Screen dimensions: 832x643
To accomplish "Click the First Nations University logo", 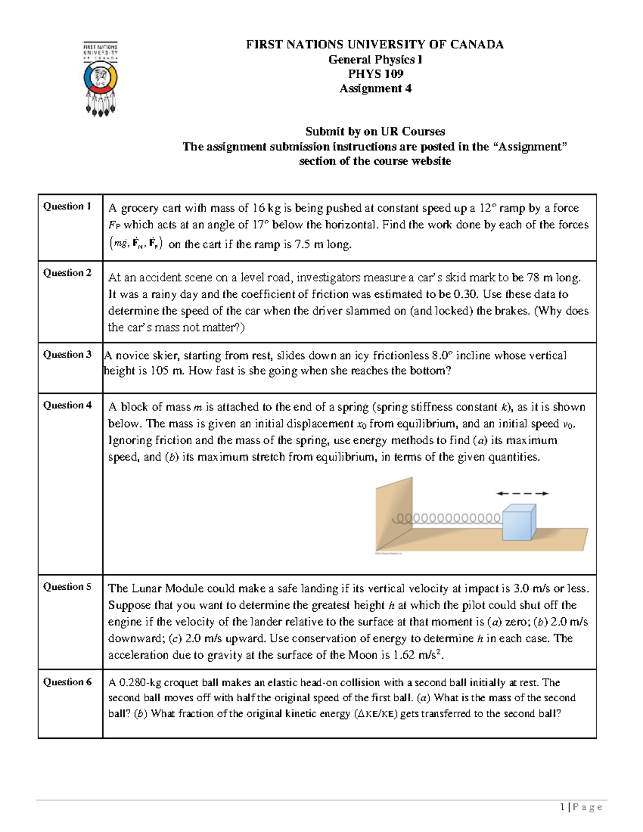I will point(100,79).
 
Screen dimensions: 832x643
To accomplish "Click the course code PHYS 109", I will point(375,74).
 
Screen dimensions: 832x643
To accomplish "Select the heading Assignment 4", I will point(375,89).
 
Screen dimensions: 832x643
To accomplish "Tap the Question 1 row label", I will point(67,206).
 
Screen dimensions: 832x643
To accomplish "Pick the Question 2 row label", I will point(67,273).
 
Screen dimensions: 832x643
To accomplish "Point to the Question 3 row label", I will point(67,355).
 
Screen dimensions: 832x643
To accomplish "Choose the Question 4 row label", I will point(67,406).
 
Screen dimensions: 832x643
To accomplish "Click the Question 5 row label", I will point(67,587).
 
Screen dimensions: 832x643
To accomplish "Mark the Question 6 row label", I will point(67,683).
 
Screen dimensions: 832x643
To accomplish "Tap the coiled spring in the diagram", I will point(447,519).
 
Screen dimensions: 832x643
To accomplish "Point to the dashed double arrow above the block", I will point(522,493).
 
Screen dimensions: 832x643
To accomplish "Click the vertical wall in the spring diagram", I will point(394,514).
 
